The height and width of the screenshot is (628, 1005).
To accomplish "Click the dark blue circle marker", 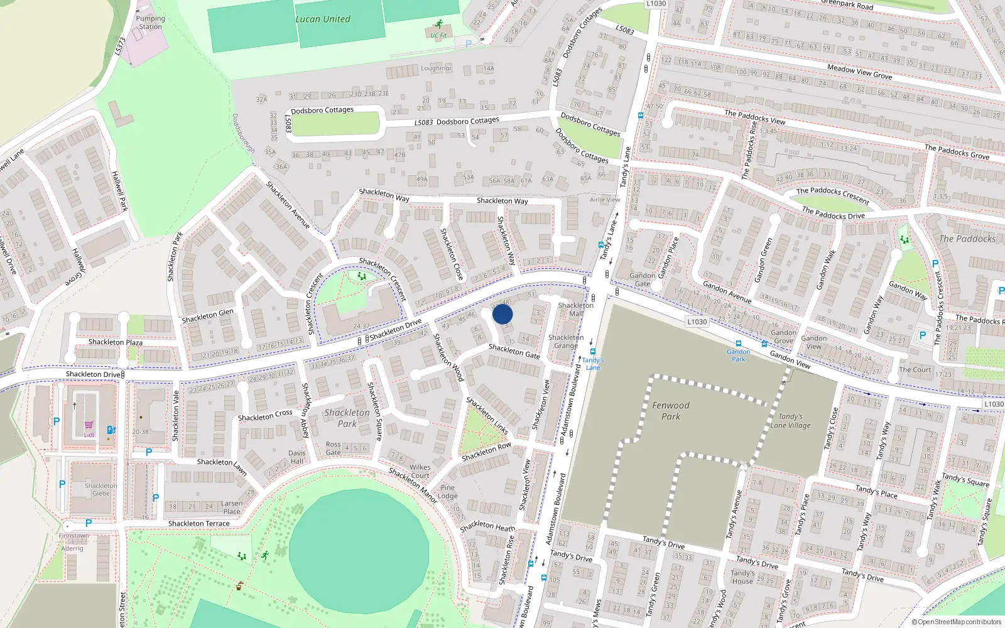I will click(x=503, y=314).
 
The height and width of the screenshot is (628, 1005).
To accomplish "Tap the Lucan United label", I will click(x=323, y=19).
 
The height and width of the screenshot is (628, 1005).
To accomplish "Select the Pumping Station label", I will click(x=151, y=23).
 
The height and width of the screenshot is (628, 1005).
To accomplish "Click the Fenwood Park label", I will click(x=670, y=411).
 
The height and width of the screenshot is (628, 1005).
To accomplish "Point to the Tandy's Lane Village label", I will click(x=790, y=421).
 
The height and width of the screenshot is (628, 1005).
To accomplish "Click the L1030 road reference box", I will click(x=697, y=322).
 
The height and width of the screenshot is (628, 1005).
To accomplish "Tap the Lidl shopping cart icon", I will click(x=89, y=425).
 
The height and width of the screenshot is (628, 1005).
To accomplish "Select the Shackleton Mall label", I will click(x=575, y=309).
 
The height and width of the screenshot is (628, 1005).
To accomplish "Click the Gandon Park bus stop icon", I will click(x=738, y=344).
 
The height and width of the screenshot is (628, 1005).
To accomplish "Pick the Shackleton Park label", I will click(x=347, y=418).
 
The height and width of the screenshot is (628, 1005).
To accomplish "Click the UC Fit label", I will click(x=438, y=36).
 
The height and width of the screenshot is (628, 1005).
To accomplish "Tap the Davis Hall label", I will click(x=297, y=457).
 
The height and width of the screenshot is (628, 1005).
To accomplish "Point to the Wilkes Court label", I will click(x=420, y=471).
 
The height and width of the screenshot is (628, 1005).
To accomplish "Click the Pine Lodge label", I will click(x=447, y=491).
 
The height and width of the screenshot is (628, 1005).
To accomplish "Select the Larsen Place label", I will click(x=231, y=507).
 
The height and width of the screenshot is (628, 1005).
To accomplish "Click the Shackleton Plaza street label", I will click(x=116, y=342).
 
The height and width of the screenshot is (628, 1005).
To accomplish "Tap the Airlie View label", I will click(x=604, y=200).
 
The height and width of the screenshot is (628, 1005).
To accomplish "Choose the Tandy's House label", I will click(x=742, y=577).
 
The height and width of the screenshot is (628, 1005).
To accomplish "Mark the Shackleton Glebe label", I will click(x=100, y=489).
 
